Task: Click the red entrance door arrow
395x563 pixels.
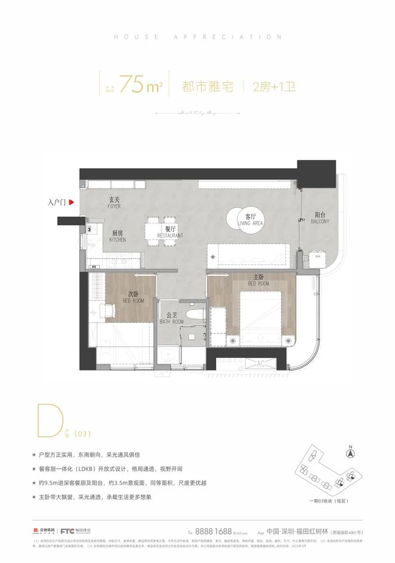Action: tap(71, 203)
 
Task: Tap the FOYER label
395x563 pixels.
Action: tap(114, 203)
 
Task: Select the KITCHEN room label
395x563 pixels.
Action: tap(117, 236)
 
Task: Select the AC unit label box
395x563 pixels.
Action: tap(261, 363)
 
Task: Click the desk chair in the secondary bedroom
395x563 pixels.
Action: tap(108, 311)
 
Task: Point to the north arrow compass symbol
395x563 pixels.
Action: tap(352, 446)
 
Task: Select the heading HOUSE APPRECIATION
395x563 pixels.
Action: tap(197, 37)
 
